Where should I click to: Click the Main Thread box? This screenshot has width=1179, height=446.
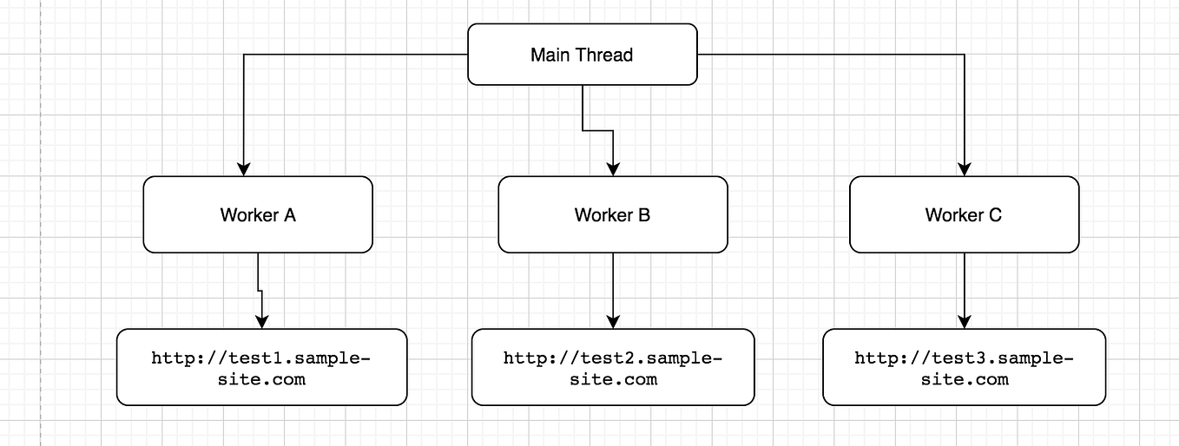point(582,54)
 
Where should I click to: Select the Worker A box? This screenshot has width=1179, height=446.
point(258,214)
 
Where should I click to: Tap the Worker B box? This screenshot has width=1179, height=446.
point(612,214)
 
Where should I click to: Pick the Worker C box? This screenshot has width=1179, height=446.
point(964,214)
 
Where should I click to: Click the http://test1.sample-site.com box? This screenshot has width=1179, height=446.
point(261,367)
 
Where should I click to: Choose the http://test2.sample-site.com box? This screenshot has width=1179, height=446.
point(613,367)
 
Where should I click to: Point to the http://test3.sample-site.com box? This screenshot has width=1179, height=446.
point(964,367)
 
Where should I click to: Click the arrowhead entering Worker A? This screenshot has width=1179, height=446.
point(245,168)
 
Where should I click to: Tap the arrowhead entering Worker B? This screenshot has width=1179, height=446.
point(613,168)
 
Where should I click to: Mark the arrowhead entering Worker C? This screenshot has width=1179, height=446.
point(965,168)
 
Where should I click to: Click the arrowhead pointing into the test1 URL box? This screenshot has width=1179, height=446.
point(262,321)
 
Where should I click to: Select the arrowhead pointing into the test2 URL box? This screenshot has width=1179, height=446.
point(613,321)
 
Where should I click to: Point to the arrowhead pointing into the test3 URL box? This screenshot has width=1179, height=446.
point(965,321)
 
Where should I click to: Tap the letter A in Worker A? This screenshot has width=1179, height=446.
point(289,215)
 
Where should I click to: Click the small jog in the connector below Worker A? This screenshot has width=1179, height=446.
point(260,291)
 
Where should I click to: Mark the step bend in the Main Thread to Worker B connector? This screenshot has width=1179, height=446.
point(597,131)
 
